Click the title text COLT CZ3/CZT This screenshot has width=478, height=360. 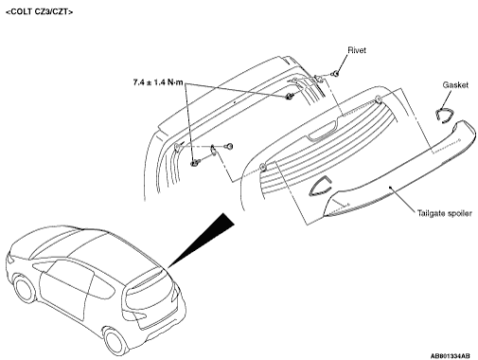40,12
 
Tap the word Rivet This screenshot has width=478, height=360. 357,50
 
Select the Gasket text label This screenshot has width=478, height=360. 455,84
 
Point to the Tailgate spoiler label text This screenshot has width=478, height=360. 445,213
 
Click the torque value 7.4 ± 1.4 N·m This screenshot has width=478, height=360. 158,82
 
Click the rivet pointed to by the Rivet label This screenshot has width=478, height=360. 336,74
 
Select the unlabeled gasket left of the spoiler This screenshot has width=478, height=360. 320,187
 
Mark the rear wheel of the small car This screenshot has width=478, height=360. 116,341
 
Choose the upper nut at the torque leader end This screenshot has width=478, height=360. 289,97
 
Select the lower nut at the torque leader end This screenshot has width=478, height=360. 194,163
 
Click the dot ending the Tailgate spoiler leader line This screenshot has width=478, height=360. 390,188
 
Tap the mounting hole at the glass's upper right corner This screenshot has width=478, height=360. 379,99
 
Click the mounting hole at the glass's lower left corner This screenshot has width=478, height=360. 262,167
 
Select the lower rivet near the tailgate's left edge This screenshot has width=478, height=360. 230,146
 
